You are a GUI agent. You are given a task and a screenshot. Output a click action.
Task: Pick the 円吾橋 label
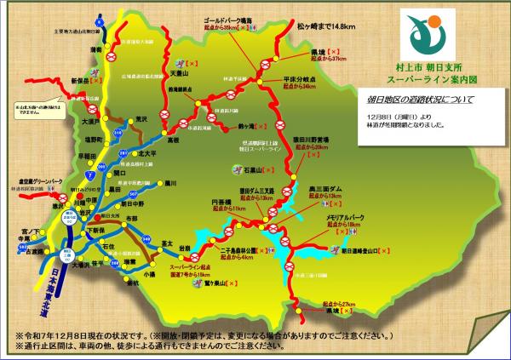221,203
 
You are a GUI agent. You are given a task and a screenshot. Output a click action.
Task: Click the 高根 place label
173,138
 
